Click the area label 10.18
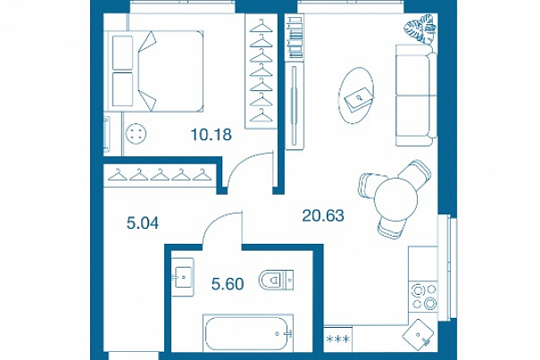coord(212,135)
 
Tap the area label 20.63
coord(323,215)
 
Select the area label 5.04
coord(143,223)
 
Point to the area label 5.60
coord(228,284)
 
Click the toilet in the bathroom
coord(276,280)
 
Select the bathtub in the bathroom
coord(248,333)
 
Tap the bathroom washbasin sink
coord(183,277)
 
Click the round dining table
coord(395,198)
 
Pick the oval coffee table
coord(356,96)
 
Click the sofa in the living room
coord(416,96)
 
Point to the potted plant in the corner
coord(420,29)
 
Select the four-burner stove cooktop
coord(423,297)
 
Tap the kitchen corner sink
coord(419,333)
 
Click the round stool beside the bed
coord(136,133)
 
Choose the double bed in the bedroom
coord(154,71)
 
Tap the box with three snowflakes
coord(337,339)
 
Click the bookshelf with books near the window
coord(295,37)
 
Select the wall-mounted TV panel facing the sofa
coord(294,105)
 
